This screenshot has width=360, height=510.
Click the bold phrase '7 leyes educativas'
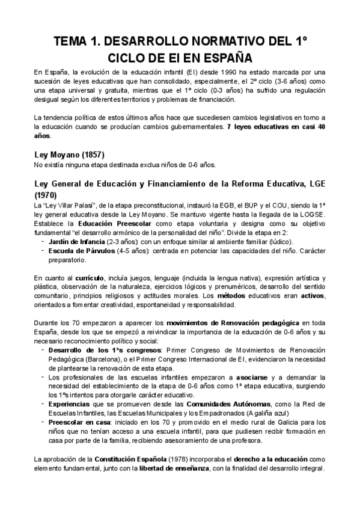click(260, 127)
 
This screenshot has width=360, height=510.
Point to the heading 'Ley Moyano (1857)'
click(69, 155)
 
